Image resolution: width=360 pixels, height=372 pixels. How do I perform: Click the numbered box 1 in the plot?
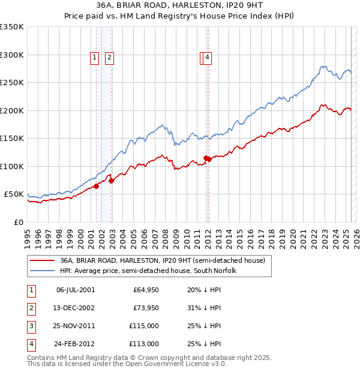pyautogui.click(x=95, y=58)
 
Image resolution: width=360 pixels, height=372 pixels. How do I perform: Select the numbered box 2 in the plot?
pyautogui.click(x=110, y=58)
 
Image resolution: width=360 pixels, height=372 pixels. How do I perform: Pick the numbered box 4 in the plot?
pyautogui.click(x=207, y=58)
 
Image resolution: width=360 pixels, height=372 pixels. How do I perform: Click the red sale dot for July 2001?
pyautogui.click(x=96, y=186)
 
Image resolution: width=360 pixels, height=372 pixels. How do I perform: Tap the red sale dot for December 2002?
pyautogui.click(x=112, y=181)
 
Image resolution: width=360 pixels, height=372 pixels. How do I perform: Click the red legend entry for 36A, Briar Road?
pyautogui.click(x=158, y=261)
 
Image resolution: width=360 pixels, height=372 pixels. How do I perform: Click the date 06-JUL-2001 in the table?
pyautogui.click(x=75, y=290)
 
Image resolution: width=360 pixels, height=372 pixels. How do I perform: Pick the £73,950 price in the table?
pyautogui.click(x=146, y=308)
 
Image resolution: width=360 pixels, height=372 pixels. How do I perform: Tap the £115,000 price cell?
pyautogui.click(x=145, y=326)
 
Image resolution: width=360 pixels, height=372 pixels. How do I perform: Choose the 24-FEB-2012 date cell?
pyautogui.click(x=75, y=344)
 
